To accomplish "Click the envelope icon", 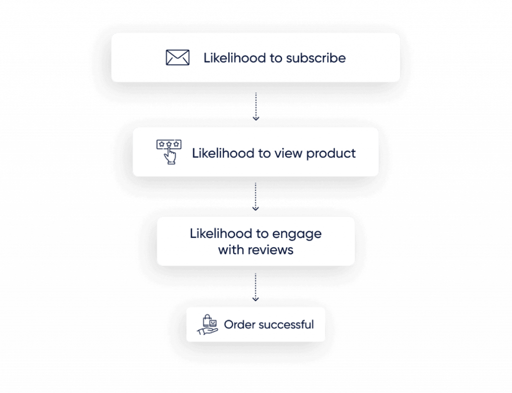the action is (177, 58).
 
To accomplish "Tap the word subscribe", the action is (316, 58).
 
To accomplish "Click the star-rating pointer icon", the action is (169, 152).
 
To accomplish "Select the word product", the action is (331, 154).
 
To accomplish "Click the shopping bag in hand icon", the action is (207, 325).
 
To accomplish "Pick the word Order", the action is (239, 324).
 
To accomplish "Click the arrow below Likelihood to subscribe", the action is (256, 107).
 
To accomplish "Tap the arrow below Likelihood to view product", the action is (255, 196).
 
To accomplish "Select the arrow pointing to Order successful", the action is (255, 287).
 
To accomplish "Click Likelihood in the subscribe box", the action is (235, 58).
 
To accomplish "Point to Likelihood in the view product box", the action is (223, 153).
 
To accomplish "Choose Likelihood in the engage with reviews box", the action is (221, 234).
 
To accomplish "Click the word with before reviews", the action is (230, 250).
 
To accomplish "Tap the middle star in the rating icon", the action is (169, 144).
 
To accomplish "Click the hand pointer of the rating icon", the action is (170, 156).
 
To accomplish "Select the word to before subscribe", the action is (276, 58).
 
